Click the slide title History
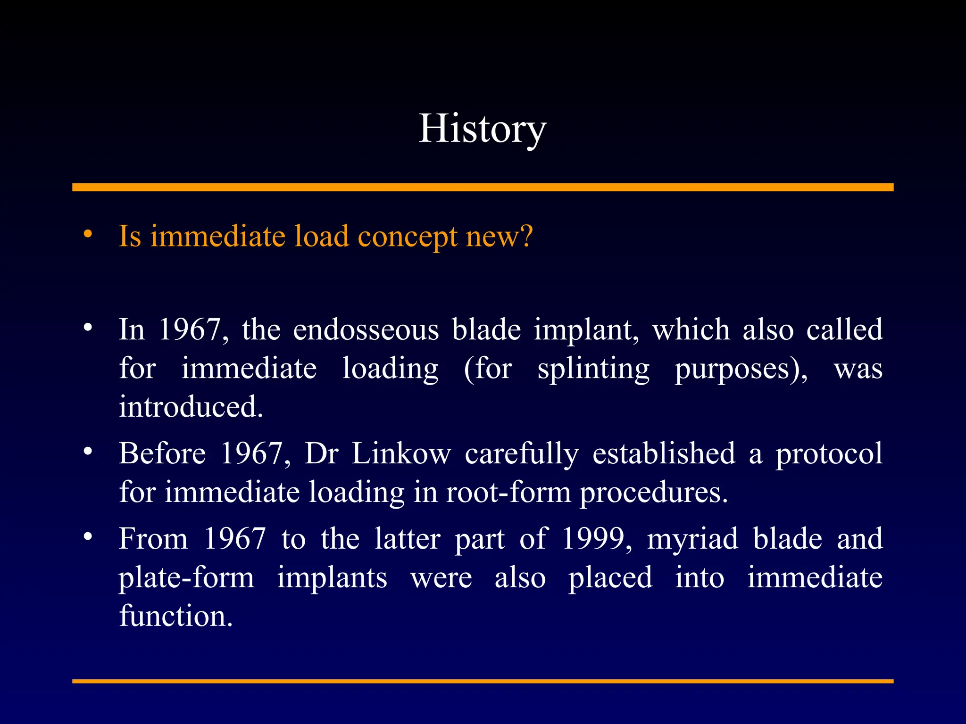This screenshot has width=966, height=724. click(482, 128)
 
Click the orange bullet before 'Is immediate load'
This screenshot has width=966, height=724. click(88, 234)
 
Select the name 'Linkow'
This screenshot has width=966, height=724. click(401, 454)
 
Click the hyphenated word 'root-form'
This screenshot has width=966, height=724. click(508, 493)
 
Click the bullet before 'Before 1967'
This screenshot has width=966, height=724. click(88, 452)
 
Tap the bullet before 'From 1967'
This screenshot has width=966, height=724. click(88, 537)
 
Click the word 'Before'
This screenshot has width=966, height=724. click(162, 454)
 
